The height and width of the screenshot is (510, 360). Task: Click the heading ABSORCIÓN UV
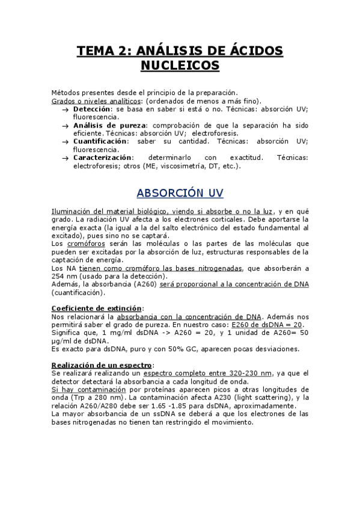point(180,193)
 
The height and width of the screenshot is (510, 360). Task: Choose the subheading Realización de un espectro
point(102,364)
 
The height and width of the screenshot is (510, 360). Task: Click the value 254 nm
point(64,276)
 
